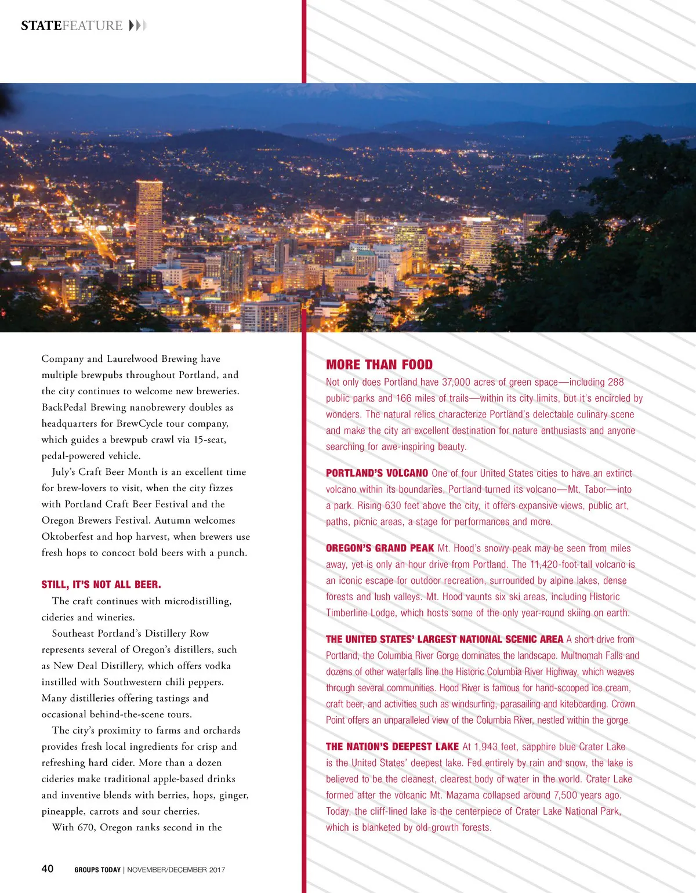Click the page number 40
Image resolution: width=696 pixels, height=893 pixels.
[x=48, y=869]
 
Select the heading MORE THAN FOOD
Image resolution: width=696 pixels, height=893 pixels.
[x=379, y=365]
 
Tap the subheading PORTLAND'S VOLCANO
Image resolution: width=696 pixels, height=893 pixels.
[x=377, y=473]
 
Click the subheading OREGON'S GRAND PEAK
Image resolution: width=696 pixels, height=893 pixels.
[x=380, y=548]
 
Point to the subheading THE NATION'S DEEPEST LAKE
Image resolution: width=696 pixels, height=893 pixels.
[x=392, y=747]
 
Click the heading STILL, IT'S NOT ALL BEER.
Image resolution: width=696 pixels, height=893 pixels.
[x=101, y=585]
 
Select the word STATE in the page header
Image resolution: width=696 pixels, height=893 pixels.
[x=41, y=26]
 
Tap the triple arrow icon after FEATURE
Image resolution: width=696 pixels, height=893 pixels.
[x=138, y=26]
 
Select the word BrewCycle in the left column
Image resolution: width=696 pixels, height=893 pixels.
[x=139, y=423]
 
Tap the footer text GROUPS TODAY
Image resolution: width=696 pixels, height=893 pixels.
[x=97, y=870]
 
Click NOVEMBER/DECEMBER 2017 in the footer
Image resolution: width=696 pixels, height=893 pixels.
[x=176, y=870]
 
